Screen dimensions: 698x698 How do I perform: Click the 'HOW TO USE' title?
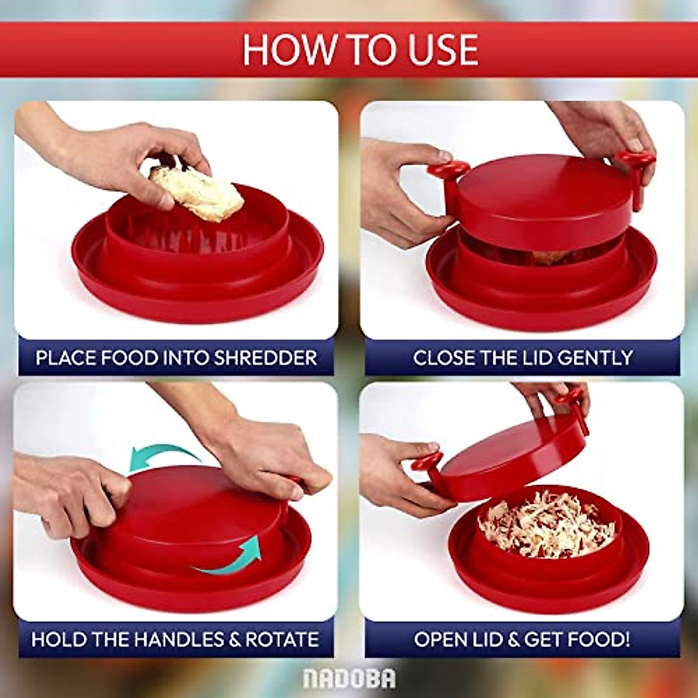360,50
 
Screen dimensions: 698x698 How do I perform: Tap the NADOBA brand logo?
349,678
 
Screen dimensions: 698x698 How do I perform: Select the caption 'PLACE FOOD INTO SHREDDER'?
176,357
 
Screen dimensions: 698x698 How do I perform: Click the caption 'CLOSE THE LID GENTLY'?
522,357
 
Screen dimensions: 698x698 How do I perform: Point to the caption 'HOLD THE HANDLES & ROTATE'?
175,639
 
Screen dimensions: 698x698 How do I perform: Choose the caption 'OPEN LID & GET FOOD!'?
522,639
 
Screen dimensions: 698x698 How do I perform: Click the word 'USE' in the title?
443,50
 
